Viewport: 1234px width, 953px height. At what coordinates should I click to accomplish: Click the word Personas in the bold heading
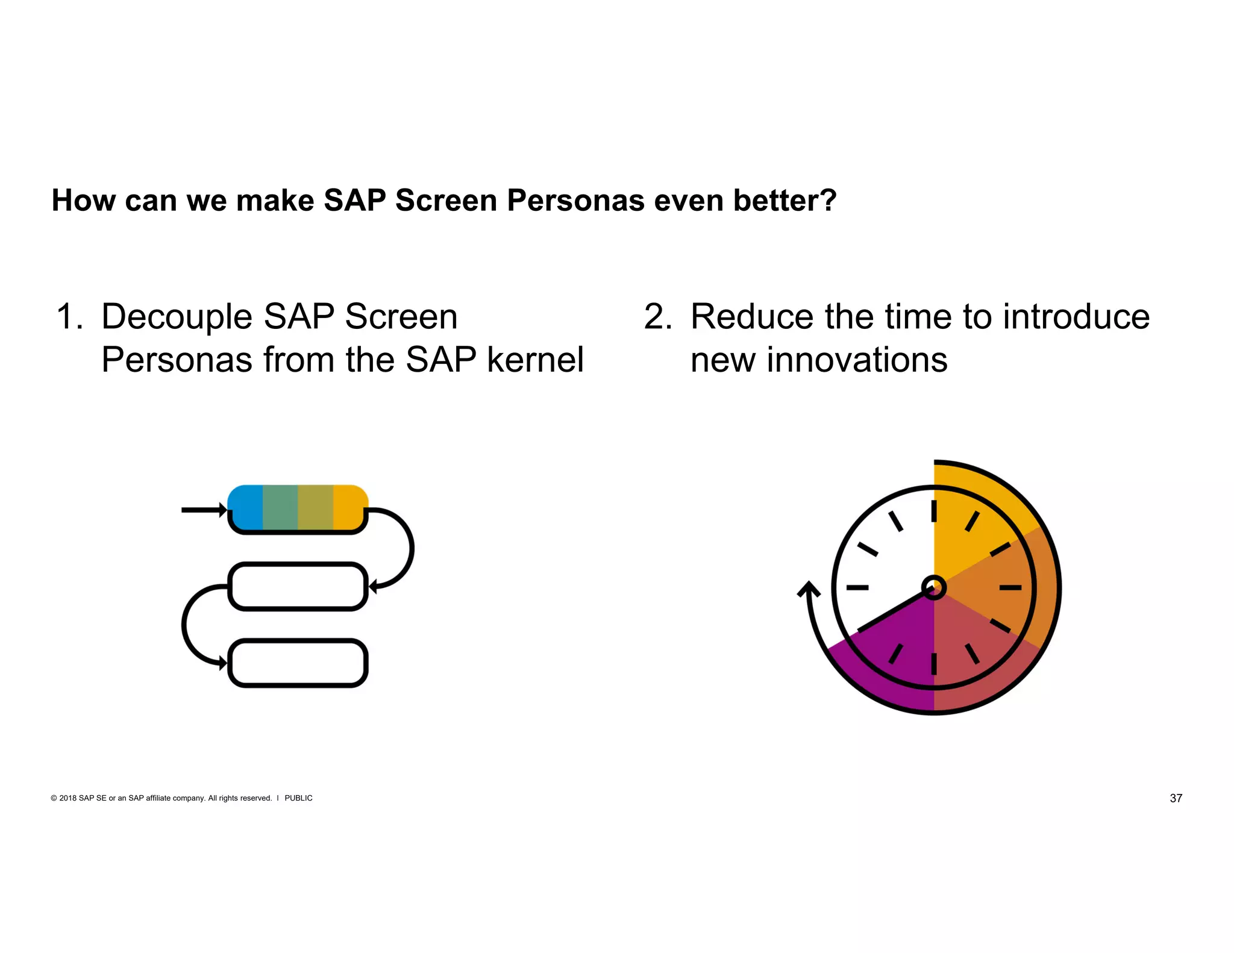point(575,201)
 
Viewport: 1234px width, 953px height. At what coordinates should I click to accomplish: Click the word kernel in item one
point(535,360)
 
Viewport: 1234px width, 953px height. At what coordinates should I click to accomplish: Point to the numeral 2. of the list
point(657,317)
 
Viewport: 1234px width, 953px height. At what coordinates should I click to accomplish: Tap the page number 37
point(1176,798)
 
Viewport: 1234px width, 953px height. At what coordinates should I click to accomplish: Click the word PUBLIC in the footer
point(298,798)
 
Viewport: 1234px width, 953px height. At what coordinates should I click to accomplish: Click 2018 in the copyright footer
point(68,798)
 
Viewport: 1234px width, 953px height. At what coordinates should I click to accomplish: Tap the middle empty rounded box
point(298,587)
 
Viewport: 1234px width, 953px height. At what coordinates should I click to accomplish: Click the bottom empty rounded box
point(298,663)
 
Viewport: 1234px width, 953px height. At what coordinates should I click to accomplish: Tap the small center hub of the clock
point(934,587)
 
